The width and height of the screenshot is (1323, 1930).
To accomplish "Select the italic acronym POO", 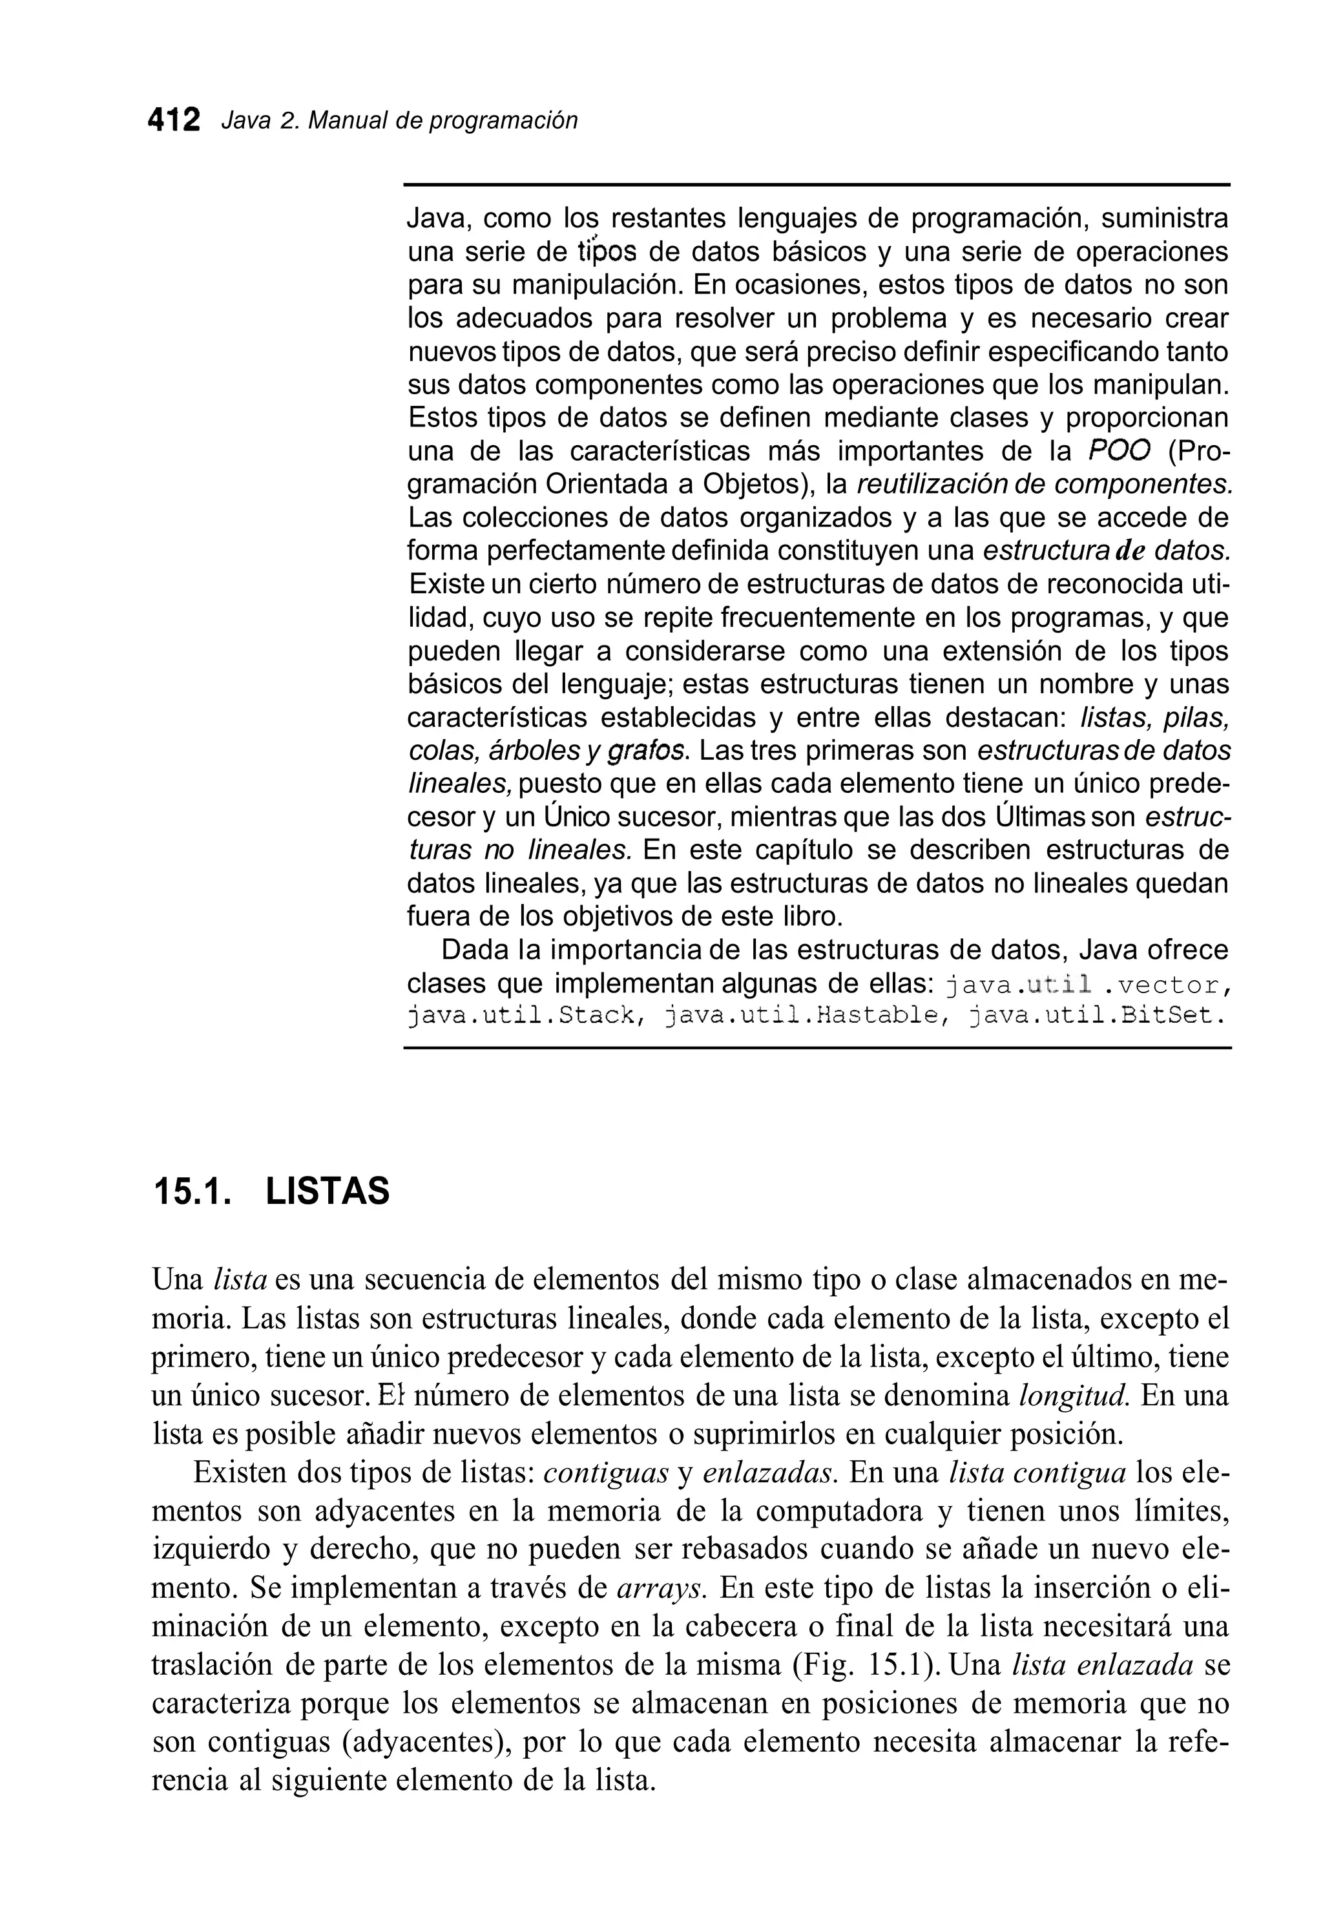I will (x=1119, y=451).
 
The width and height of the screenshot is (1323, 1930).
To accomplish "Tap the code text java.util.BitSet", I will (x=1096, y=1016).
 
